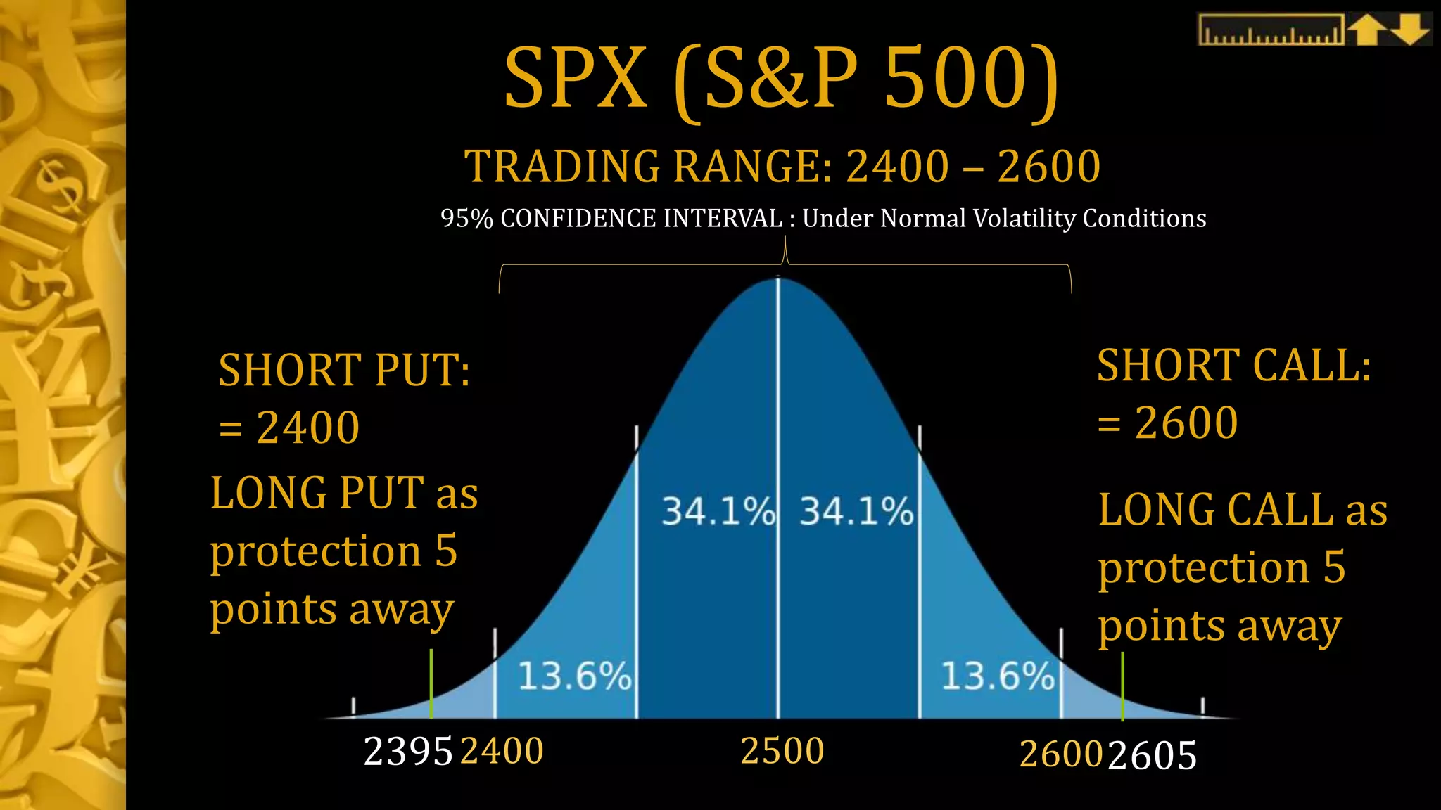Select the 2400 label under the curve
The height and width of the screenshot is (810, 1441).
(502, 751)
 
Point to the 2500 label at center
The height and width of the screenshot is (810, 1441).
(782, 751)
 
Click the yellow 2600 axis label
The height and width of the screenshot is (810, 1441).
(1060, 755)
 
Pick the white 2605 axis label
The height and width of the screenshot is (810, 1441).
(1153, 757)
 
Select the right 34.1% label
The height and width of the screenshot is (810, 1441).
(856, 511)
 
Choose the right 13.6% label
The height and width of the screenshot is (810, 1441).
(998, 676)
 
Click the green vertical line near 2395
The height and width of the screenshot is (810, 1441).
(431, 682)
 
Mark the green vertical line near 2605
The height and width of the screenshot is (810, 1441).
(1122, 686)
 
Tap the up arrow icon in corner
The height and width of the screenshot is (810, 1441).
(1366, 30)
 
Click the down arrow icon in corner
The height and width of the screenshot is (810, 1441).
(1410, 30)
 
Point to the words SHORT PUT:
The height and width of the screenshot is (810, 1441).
(344, 370)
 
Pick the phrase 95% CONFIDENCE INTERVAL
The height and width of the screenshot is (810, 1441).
(611, 219)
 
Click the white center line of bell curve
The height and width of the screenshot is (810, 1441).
(777, 492)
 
